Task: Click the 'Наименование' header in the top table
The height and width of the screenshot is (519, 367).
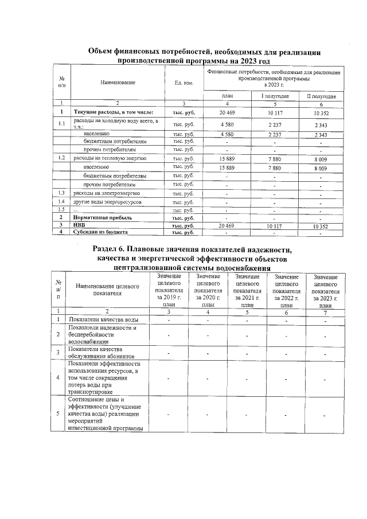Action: pyautogui.click(x=118, y=83)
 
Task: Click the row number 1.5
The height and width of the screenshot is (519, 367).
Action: pyautogui.click(x=61, y=210)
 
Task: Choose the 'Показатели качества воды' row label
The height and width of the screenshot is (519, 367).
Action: pyautogui.click(x=103, y=320)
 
